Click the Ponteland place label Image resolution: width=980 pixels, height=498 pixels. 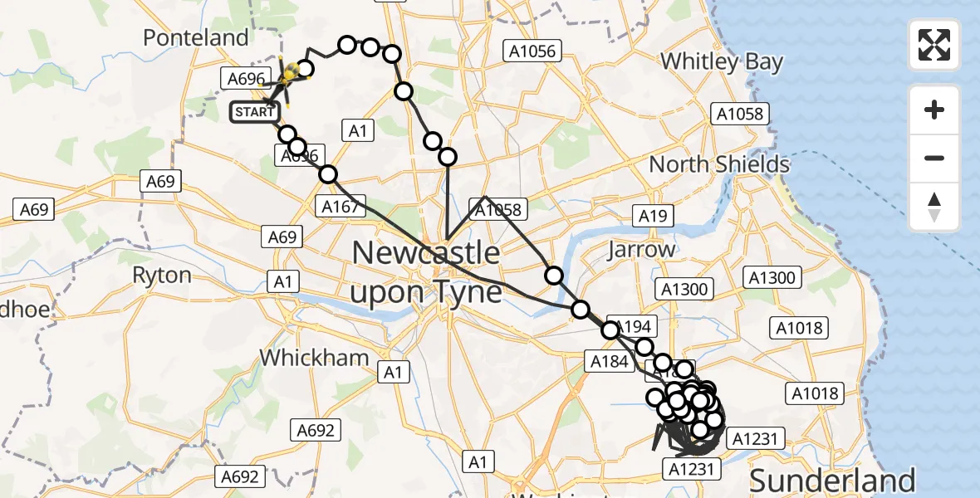195,37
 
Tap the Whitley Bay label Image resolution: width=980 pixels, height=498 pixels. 721,61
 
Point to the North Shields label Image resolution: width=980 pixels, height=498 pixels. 719,164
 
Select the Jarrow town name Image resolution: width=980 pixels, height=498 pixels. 641,250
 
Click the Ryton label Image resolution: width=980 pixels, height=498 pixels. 163,275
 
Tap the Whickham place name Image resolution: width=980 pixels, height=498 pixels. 314,358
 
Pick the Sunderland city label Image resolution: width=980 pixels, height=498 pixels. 833,481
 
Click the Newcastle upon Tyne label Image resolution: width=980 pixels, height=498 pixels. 427,272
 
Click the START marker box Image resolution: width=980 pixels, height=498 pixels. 253,112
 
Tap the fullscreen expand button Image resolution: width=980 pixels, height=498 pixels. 934,45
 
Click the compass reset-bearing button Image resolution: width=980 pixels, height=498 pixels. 934,206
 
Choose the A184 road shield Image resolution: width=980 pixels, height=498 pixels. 608,360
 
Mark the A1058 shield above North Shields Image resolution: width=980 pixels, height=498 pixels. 740,115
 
